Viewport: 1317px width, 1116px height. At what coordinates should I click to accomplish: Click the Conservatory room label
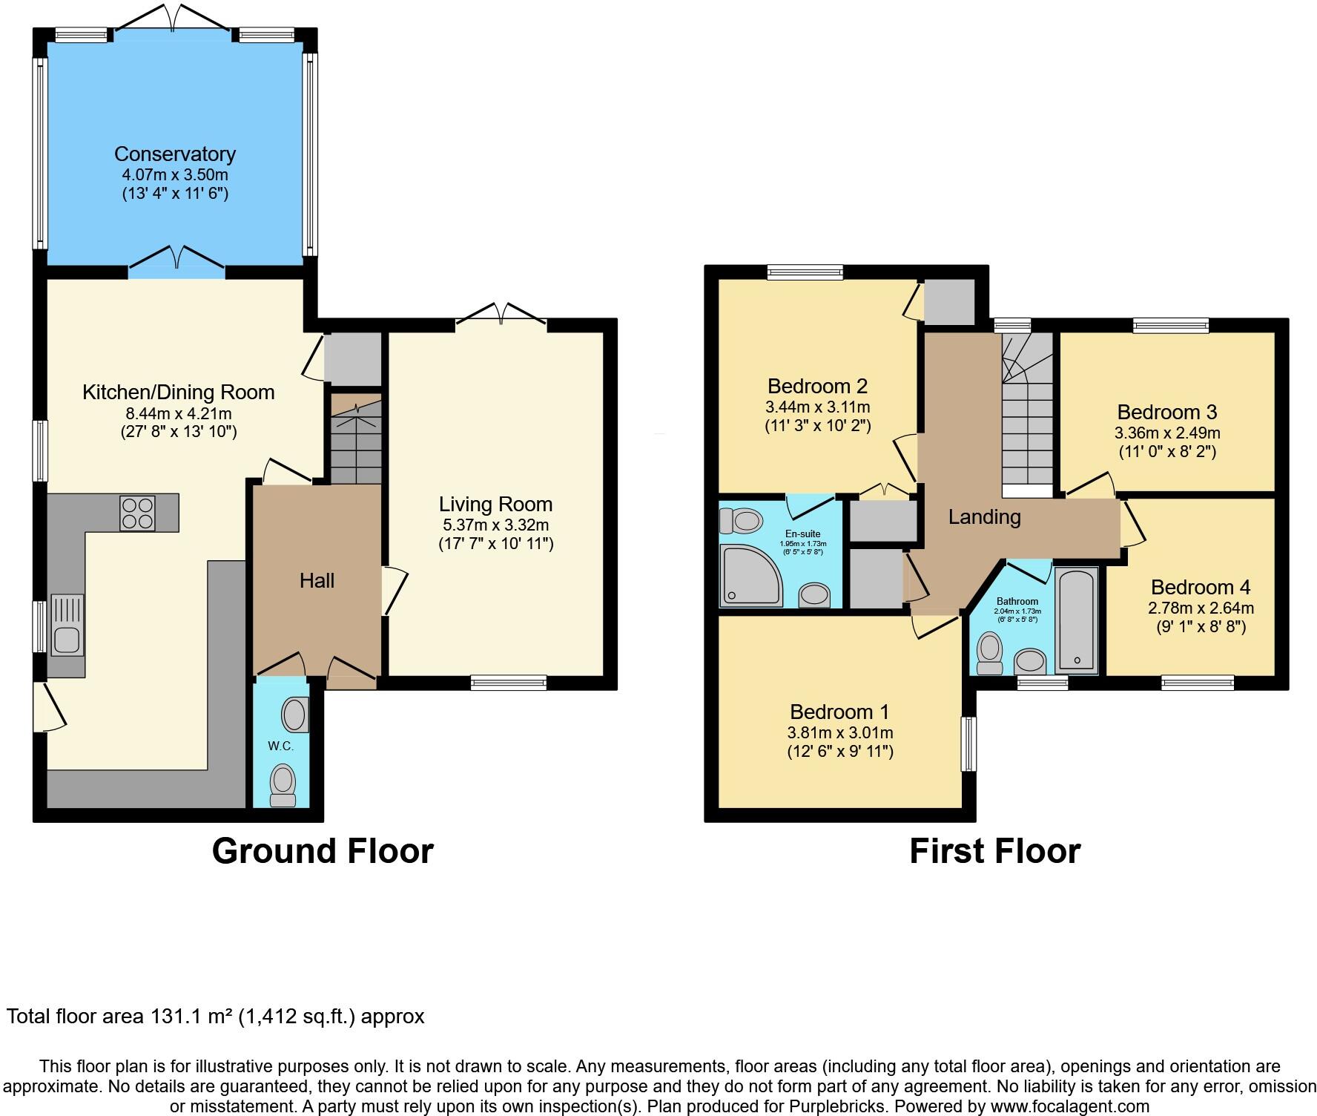pyautogui.click(x=175, y=154)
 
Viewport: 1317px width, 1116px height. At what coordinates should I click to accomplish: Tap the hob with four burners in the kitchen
pyautogui.click(x=137, y=513)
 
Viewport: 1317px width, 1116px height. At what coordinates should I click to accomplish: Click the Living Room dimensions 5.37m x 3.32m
pyautogui.click(x=495, y=525)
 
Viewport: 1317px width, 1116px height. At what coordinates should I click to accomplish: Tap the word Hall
pyautogui.click(x=317, y=580)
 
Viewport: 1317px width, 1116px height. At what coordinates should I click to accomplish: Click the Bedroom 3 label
pyautogui.click(x=1166, y=412)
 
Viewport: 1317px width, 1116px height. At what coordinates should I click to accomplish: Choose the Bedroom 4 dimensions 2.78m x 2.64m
pyautogui.click(x=1201, y=608)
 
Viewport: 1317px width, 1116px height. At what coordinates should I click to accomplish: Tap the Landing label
pyautogui.click(x=984, y=516)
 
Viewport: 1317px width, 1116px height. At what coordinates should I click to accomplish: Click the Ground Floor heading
pyautogui.click(x=323, y=850)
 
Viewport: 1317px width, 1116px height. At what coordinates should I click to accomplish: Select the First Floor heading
pyautogui.click(x=994, y=850)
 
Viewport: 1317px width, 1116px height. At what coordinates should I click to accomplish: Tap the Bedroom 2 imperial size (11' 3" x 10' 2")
pyautogui.click(x=817, y=426)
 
